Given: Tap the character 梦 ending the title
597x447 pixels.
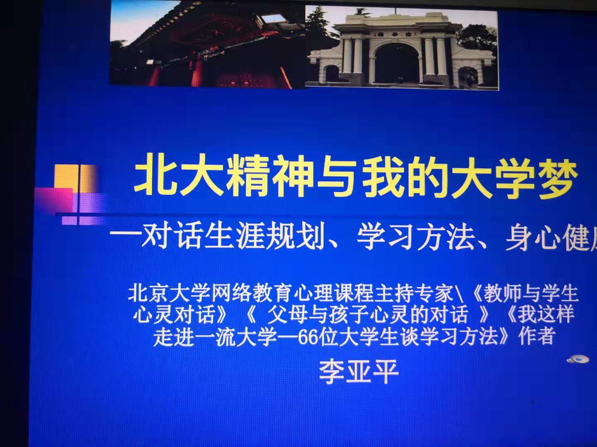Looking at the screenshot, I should (556, 178).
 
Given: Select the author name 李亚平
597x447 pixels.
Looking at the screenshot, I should (358, 371).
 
